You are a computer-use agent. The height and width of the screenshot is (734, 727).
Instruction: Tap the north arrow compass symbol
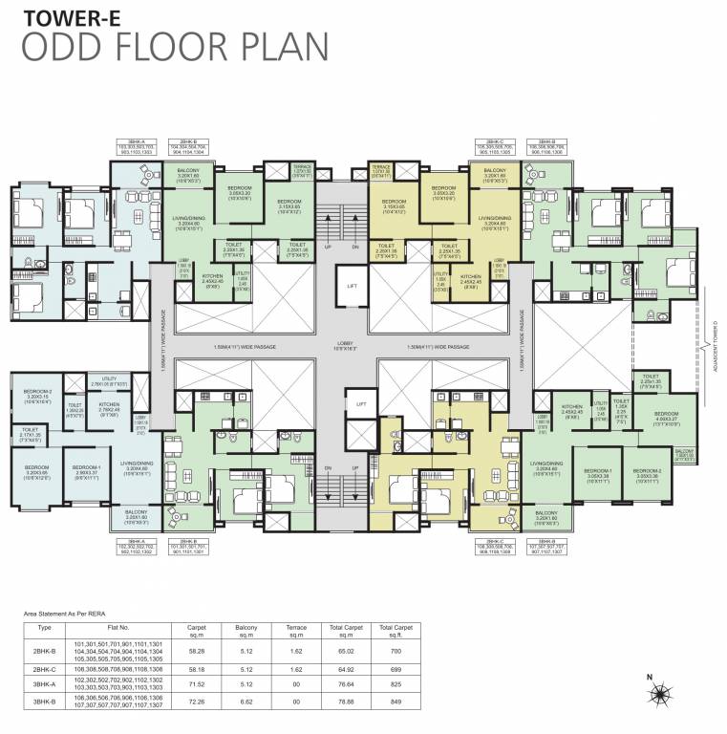pyautogui.click(x=652, y=690)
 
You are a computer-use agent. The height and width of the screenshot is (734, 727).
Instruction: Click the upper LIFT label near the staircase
pyautogui.click(x=353, y=286)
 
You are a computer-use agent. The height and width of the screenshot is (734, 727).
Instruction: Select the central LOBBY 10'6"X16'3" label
pyautogui.click(x=344, y=348)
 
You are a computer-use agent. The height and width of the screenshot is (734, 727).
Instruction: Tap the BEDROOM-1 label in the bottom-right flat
pyautogui.click(x=598, y=472)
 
